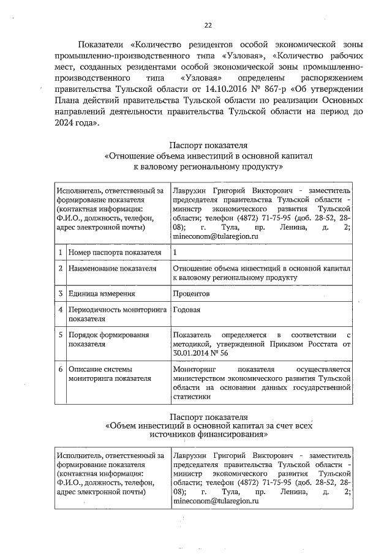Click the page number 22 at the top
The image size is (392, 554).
coord(208,25)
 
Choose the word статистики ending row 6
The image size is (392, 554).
coord(192,396)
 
